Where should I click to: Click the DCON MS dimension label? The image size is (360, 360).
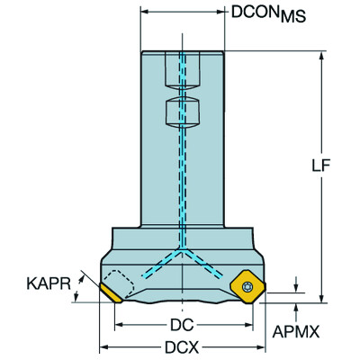267,13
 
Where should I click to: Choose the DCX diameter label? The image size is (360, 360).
184,347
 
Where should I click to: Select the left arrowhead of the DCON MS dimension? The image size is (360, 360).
145,13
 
